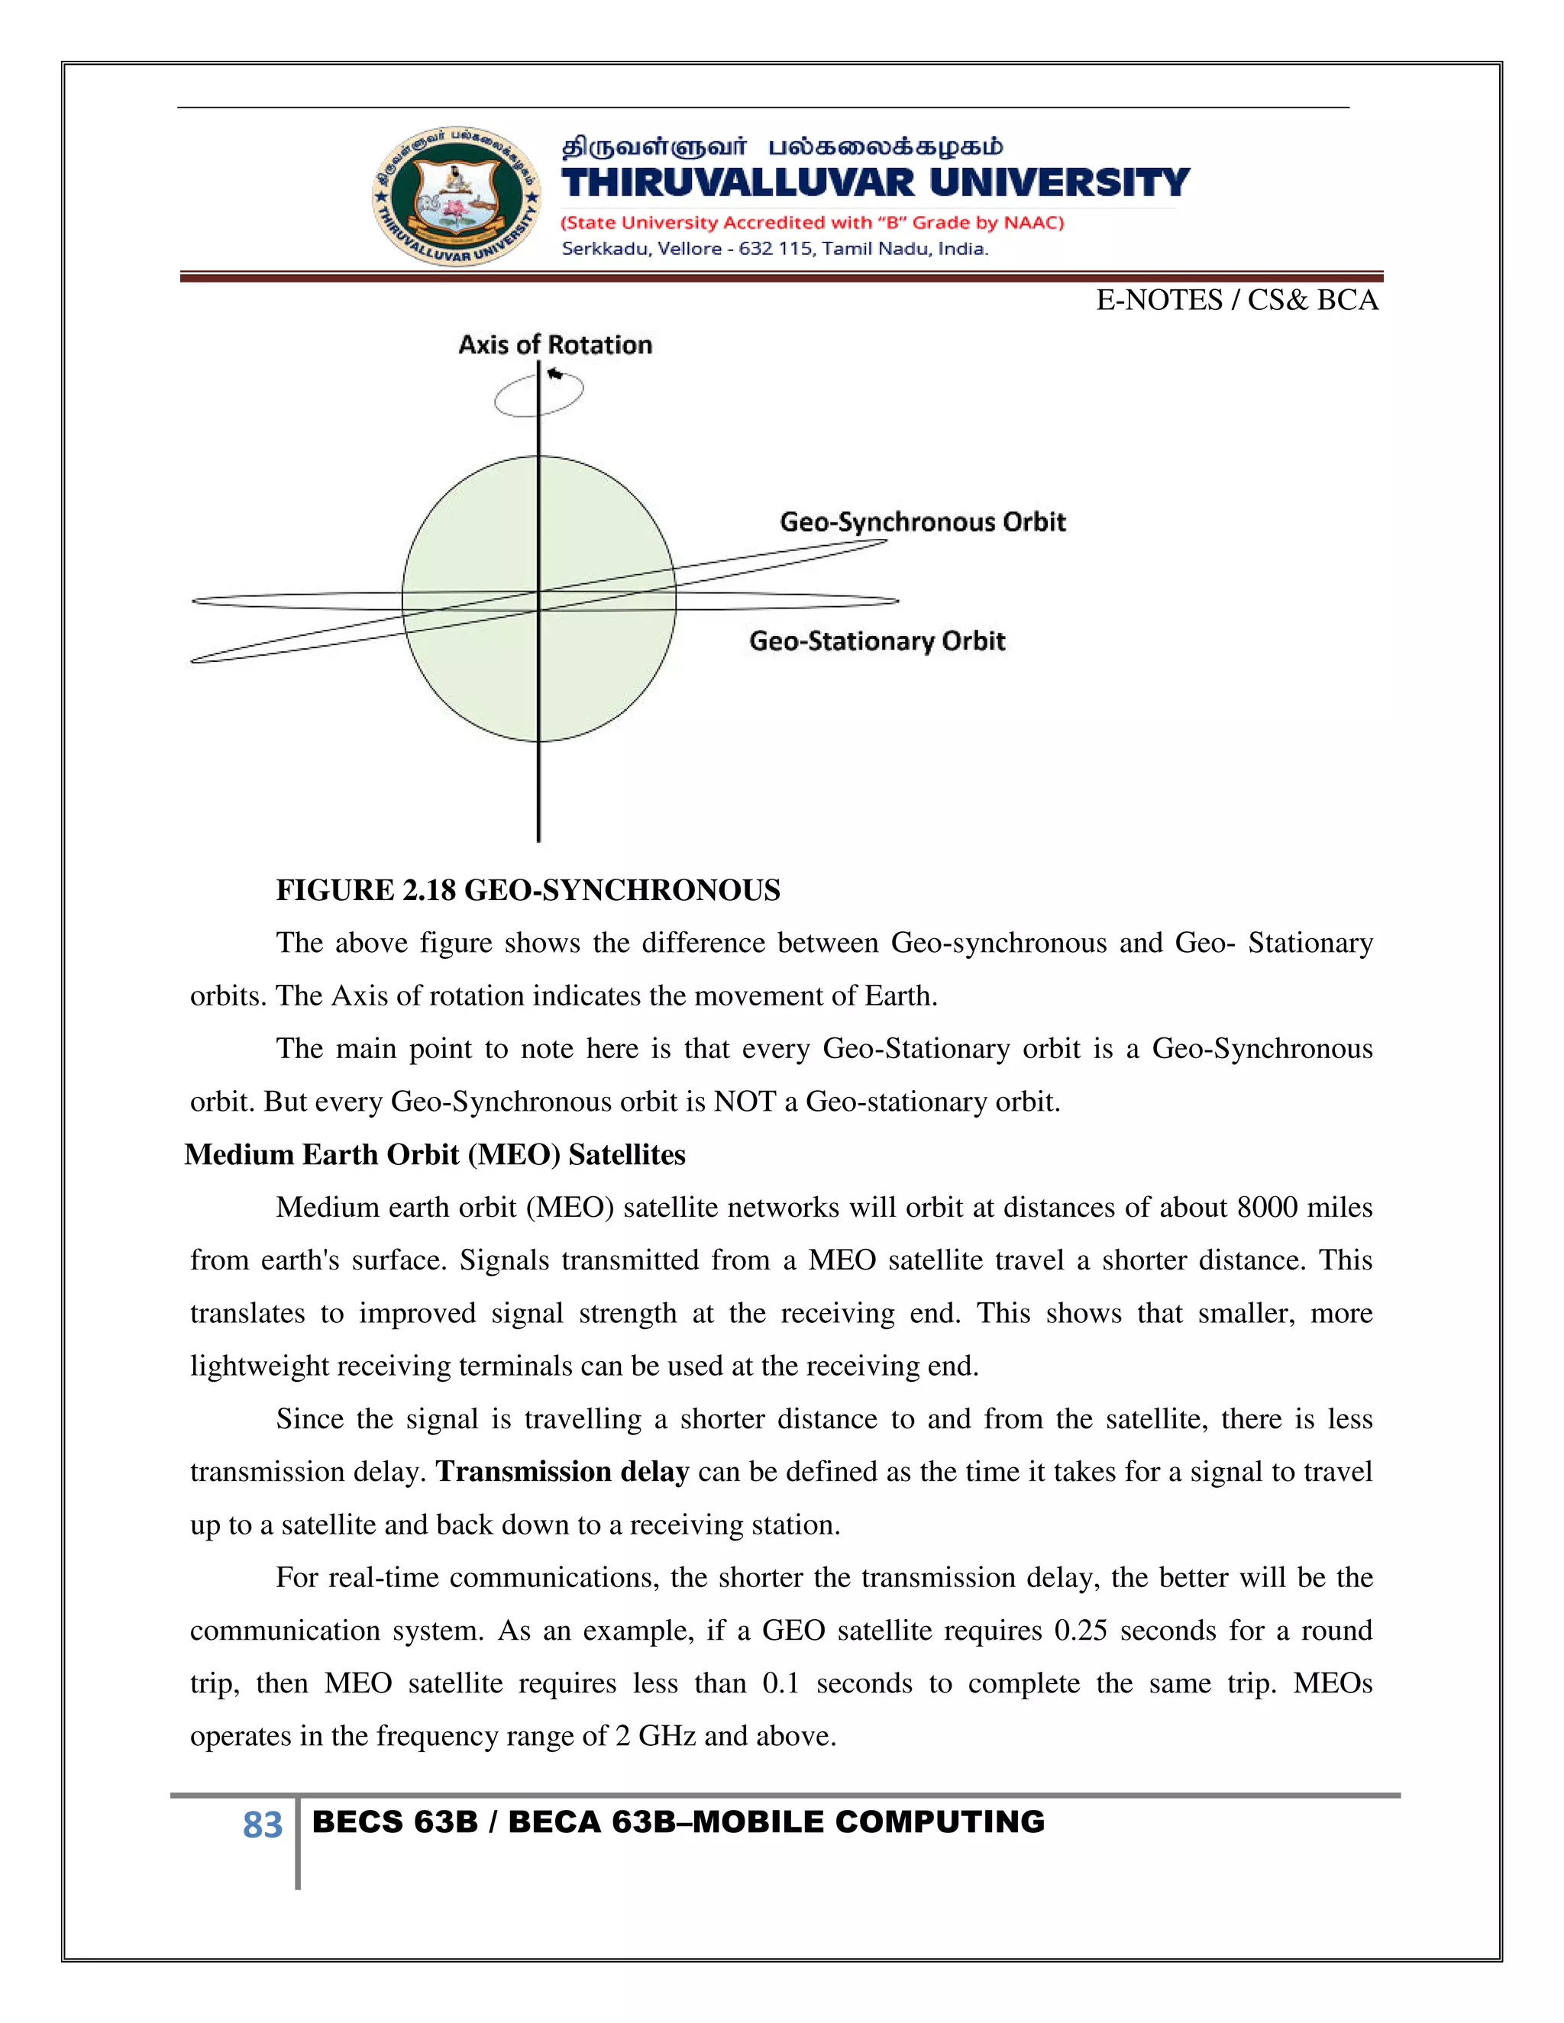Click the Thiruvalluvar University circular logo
[x=456, y=196]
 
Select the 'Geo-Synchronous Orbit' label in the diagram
[x=922, y=522]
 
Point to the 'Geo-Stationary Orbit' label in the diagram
[x=877, y=641]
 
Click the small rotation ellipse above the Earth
[x=538, y=394]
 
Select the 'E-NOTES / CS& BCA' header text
[x=1236, y=300]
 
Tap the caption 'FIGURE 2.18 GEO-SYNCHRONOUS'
[x=528, y=890]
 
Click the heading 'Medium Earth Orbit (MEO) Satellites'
[x=435, y=1155]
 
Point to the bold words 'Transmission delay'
[x=562, y=1472]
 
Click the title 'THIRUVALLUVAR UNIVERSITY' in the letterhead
[x=874, y=183]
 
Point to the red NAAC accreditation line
[x=813, y=223]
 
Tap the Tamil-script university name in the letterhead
[x=782, y=147]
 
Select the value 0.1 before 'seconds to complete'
[x=780, y=1683]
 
